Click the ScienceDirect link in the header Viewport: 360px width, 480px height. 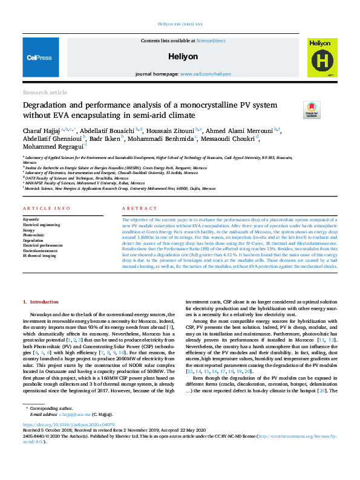click(x=211, y=41)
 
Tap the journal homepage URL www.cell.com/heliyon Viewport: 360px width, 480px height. click(x=205, y=74)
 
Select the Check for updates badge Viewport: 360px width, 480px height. click(x=312, y=109)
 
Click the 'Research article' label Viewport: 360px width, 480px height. click(x=45, y=92)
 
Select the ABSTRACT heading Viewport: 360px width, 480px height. click(x=135, y=209)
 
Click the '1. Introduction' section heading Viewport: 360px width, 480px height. click(x=41, y=301)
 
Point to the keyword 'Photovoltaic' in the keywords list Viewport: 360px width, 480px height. click(x=34, y=235)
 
